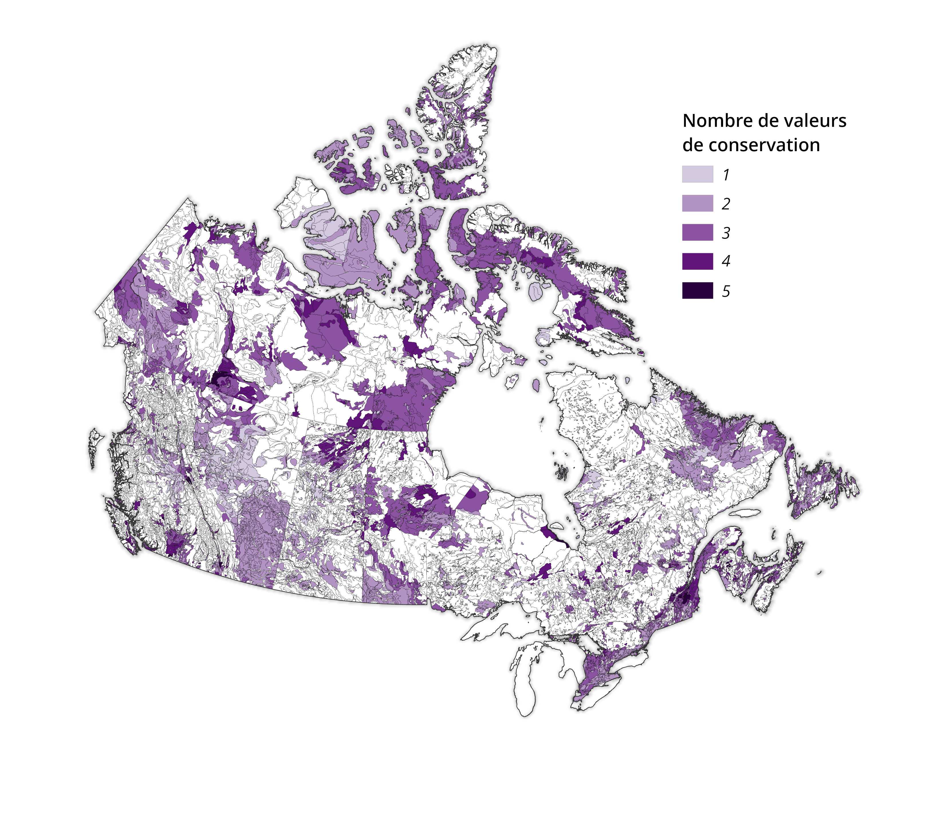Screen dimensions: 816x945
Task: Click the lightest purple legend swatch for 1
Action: click(x=697, y=174)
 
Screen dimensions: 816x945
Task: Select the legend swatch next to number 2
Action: click(x=697, y=204)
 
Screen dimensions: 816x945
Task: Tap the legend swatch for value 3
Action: click(x=697, y=232)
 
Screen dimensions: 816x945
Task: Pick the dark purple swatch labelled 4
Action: click(x=697, y=261)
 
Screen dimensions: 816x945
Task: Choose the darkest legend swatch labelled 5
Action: click(x=697, y=291)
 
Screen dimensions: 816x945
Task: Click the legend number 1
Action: click(x=726, y=175)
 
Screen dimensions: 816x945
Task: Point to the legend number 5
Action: click(x=726, y=291)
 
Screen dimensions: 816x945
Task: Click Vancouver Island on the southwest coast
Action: click(x=121, y=525)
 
